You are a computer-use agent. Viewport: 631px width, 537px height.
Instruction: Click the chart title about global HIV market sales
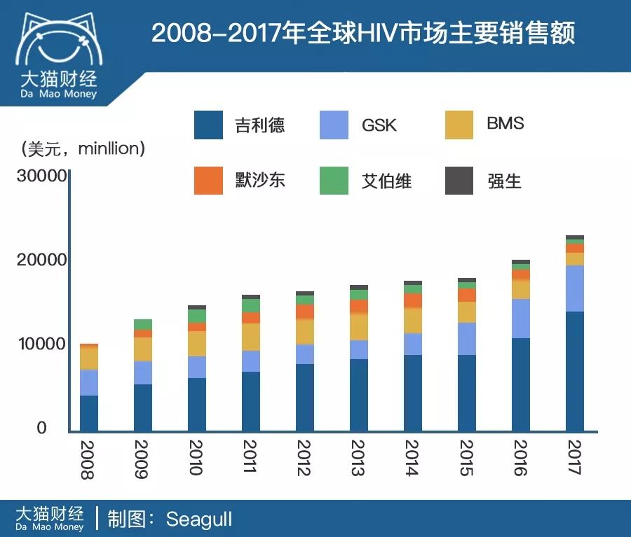tap(362, 34)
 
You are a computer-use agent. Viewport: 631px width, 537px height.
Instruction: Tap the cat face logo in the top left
tap(58, 43)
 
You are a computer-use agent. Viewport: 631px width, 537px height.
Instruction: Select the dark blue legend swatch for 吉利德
tap(208, 125)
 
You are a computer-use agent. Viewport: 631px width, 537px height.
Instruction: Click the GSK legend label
tap(379, 125)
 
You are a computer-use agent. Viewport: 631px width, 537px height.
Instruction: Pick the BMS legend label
tap(505, 124)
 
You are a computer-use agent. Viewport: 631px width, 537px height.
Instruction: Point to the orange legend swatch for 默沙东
tap(208, 181)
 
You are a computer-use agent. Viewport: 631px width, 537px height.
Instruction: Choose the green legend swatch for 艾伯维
tap(334, 181)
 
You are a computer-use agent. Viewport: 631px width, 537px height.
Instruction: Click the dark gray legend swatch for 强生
tap(460, 181)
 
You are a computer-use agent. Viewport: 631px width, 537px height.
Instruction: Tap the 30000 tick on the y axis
tap(41, 176)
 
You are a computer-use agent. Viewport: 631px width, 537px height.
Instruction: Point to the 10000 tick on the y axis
tap(41, 344)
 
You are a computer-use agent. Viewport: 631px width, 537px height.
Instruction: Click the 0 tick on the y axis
tap(41, 428)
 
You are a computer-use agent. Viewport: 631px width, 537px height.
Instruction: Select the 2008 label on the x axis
tap(88, 459)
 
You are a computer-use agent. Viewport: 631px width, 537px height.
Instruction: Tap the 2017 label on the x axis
tap(575, 459)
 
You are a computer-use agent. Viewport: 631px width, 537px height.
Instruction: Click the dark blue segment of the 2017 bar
tap(575, 371)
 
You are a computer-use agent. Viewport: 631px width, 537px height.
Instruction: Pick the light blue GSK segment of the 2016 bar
tap(521, 319)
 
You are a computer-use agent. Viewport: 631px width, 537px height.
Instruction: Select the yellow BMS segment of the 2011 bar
tap(251, 337)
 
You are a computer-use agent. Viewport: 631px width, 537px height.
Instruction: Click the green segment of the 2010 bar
tap(197, 316)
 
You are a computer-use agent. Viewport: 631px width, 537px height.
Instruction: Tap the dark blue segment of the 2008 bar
tap(89, 413)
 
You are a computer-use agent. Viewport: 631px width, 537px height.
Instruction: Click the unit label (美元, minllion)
tap(83, 148)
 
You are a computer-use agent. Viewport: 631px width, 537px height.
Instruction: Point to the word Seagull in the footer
tap(198, 519)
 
